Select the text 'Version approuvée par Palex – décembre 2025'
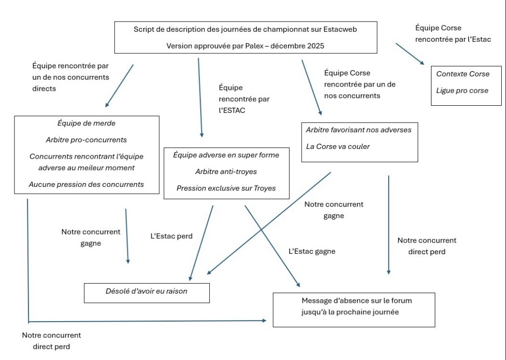click(245, 46)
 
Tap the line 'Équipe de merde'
click(87, 124)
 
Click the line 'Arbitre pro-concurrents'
click(87, 140)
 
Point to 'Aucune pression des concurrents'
click(87, 184)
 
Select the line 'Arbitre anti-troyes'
click(226, 172)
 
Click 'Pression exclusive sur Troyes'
click(226, 188)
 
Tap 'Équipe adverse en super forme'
click(226, 155)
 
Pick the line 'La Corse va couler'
click(338, 146)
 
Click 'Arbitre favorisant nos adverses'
click(358, 130)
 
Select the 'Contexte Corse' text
click(463, 74)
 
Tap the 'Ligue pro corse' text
click(462, 90)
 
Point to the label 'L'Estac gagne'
click(312, 251)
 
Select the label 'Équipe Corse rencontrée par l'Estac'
click(453, 34)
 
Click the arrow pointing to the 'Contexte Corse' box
click(410, 53)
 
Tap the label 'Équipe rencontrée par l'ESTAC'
click(244, 99)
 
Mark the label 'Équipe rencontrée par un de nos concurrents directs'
click(71, 77)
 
